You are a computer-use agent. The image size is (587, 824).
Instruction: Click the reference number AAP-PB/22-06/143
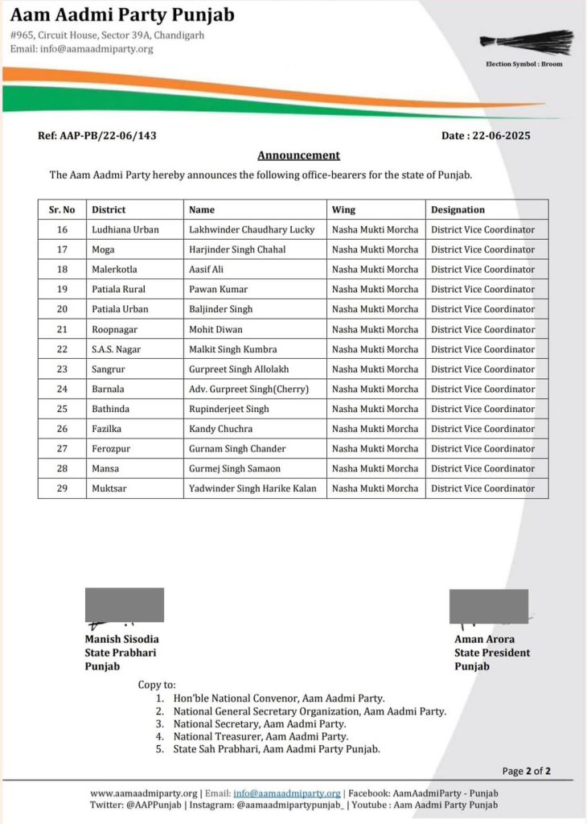[x=97, y=135]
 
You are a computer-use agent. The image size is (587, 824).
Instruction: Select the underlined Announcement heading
[x=298, y=155]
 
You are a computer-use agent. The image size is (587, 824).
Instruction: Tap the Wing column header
[x=343, y=210]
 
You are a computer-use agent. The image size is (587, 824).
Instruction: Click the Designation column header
[x=458, y=210]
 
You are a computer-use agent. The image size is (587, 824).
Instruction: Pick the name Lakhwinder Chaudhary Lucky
[x=252, y=229]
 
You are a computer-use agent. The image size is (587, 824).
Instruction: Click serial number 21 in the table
[x=62, y=329]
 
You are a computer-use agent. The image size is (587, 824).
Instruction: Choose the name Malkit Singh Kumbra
[x=232, y=349]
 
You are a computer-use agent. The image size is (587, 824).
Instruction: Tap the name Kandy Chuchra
[x=220, y=429]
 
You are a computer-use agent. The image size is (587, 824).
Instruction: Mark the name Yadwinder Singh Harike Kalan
[x=252, y=488]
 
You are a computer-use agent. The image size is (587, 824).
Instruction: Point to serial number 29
[x=62, y=488]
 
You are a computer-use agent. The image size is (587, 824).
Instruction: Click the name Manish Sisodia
[x=121, y=639]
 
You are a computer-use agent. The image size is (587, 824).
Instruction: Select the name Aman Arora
[x=484, y=639]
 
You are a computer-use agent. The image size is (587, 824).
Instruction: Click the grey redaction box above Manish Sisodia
[x=125, y=604]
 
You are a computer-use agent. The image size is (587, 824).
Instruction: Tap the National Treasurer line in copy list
[x=261, y=735]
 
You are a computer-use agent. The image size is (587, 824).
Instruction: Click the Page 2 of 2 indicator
[x=526, y=771]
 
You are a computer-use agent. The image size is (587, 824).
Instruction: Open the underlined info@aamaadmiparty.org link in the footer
[x=287, y=793]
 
